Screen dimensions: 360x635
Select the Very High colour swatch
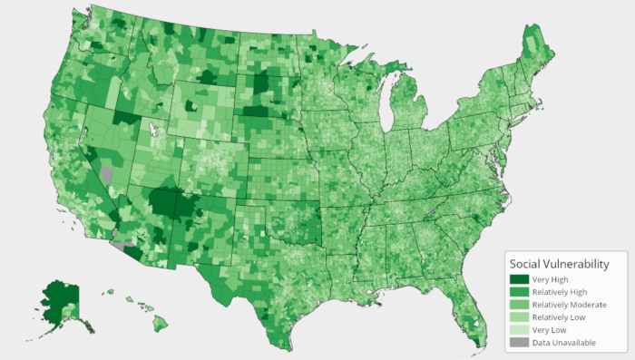coord(519,279)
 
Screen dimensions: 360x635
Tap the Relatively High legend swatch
coord(519,292)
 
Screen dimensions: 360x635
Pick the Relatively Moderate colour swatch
coord(519,305)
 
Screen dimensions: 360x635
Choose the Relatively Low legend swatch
coord(519,317)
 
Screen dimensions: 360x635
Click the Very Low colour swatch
coord(519,330)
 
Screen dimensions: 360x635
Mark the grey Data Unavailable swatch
coord(519,343)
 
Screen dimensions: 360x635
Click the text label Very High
coord(550,279)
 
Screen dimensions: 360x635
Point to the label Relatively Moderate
coord(570,305)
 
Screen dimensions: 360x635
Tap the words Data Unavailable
coord(564,343)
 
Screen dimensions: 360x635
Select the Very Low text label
coord(549,330)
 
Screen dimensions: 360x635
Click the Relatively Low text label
coord(561,317)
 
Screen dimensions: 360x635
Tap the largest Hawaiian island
coord(160,322)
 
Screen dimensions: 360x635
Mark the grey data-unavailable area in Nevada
coord(107,172)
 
